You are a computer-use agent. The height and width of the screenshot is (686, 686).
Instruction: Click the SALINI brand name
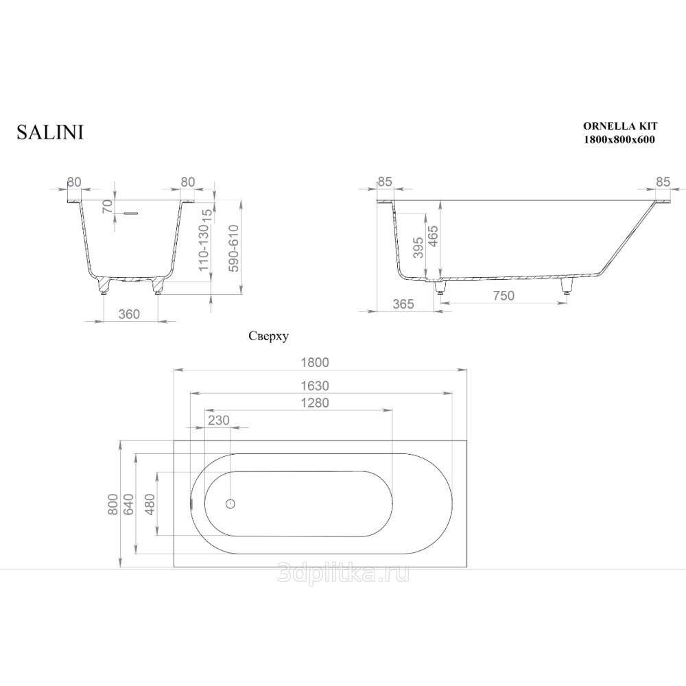click(50, 132)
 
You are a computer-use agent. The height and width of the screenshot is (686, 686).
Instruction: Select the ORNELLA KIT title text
click(620, 126)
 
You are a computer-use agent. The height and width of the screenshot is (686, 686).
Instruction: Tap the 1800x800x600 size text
click(619, 139)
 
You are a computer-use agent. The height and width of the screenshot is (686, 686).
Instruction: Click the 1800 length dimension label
click(315, 363)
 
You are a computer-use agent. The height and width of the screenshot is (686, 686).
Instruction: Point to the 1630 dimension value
click(315, 386)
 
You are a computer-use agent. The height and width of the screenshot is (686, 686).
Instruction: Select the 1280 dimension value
click(315, 403)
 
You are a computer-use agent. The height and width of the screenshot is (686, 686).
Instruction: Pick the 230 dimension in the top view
click(219, 420)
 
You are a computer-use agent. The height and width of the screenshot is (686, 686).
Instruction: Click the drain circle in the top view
click(230, 504)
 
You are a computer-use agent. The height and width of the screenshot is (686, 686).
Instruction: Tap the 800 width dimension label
click(113, 504)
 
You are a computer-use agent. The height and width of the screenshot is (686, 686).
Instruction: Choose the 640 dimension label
click(129, 504)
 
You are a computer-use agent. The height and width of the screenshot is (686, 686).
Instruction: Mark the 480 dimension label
click(150, 504)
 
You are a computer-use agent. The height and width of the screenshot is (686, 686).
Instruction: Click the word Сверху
click(269, 336)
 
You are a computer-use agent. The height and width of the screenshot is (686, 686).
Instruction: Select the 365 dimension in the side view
click(403, 304)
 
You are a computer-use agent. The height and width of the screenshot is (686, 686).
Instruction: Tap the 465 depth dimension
click(432, 236)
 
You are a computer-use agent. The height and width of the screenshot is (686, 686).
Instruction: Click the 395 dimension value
click(418, 247)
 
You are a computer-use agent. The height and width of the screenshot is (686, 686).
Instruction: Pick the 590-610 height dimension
click(234, 248)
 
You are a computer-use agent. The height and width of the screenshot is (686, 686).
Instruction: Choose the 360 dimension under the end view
click(130, 314)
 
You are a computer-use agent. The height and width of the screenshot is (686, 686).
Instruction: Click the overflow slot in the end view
click(130, 213)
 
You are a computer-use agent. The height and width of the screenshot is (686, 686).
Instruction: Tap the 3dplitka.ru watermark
click(343, 574)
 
